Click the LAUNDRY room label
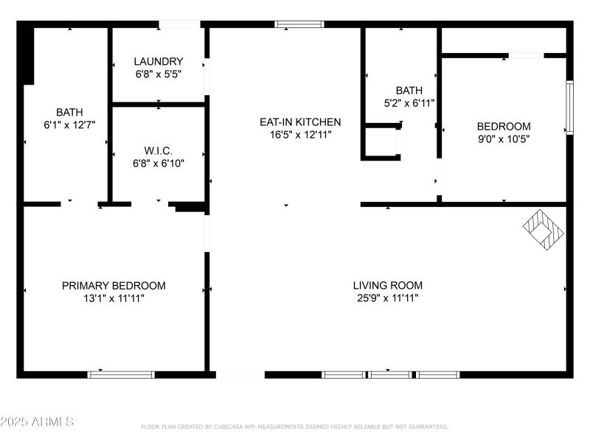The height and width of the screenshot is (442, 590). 158,61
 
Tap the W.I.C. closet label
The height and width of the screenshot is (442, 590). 158,150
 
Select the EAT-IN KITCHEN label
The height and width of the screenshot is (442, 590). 299,122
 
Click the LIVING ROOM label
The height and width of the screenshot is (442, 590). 387,286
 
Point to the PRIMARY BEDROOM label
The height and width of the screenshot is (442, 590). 114,286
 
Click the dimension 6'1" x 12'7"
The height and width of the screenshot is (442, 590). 69,125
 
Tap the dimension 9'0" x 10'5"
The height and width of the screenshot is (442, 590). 504,138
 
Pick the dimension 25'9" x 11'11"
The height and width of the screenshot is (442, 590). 387,298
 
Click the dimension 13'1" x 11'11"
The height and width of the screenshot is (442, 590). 114,298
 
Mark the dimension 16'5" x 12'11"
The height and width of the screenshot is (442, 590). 299,134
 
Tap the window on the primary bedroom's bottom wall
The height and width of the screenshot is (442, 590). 122,374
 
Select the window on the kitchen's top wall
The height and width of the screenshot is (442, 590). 299,24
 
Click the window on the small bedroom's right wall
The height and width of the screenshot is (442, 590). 569,107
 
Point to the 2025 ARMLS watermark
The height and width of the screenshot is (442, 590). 37,422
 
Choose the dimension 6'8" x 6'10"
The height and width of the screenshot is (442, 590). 158,163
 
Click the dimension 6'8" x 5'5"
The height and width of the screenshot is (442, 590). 158,74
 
